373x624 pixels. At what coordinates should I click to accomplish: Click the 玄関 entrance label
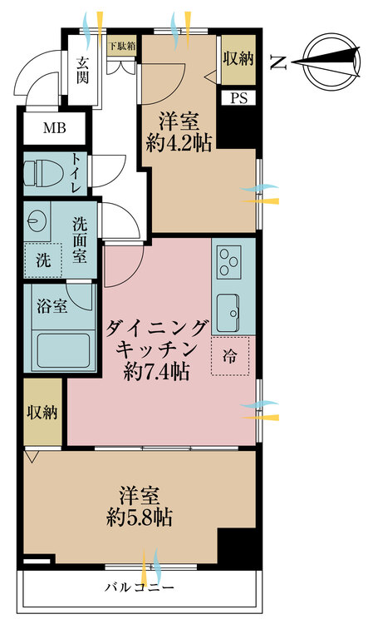tap(83, 71)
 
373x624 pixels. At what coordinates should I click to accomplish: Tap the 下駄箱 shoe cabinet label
tap(121, 47)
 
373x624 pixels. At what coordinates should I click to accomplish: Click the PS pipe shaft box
tap(238, 97)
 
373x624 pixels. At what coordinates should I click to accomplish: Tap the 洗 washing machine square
tap(42, 259)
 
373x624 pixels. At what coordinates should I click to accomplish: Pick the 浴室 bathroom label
tap(52, 306)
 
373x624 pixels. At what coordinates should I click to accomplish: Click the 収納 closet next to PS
tap(238, 59)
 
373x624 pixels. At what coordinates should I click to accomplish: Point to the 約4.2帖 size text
tap(180, 142)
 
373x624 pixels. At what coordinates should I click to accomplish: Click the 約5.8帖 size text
tap(140, 518)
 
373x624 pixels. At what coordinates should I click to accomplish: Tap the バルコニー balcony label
tap(139, 588)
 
